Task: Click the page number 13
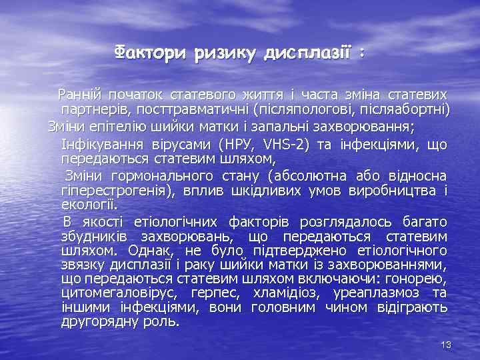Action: [447, 344]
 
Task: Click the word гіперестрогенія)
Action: [116, 191]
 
